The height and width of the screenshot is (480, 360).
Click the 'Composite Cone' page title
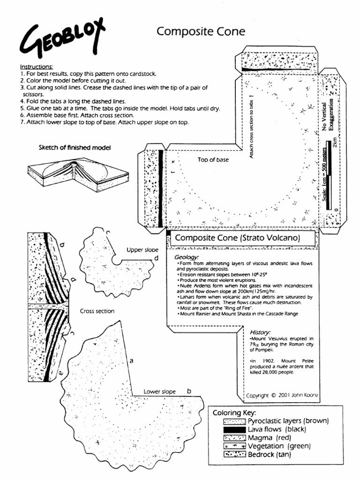(201, 31)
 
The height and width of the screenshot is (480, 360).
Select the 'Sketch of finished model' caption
(75, 148)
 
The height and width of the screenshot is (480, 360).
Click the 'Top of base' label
(213, 160)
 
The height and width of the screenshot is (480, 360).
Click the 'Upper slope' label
(142, 250)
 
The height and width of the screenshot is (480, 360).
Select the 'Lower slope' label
(159, 391)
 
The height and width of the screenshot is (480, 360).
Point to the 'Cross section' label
(97, 311)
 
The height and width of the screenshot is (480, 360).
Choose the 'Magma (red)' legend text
(269, 438)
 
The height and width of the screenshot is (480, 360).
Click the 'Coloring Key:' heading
(234, 413)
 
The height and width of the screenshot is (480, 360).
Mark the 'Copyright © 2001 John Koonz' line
(282, 395)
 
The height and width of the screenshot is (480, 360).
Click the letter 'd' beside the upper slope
(157, 258)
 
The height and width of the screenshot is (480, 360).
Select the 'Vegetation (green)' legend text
(278, 446)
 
